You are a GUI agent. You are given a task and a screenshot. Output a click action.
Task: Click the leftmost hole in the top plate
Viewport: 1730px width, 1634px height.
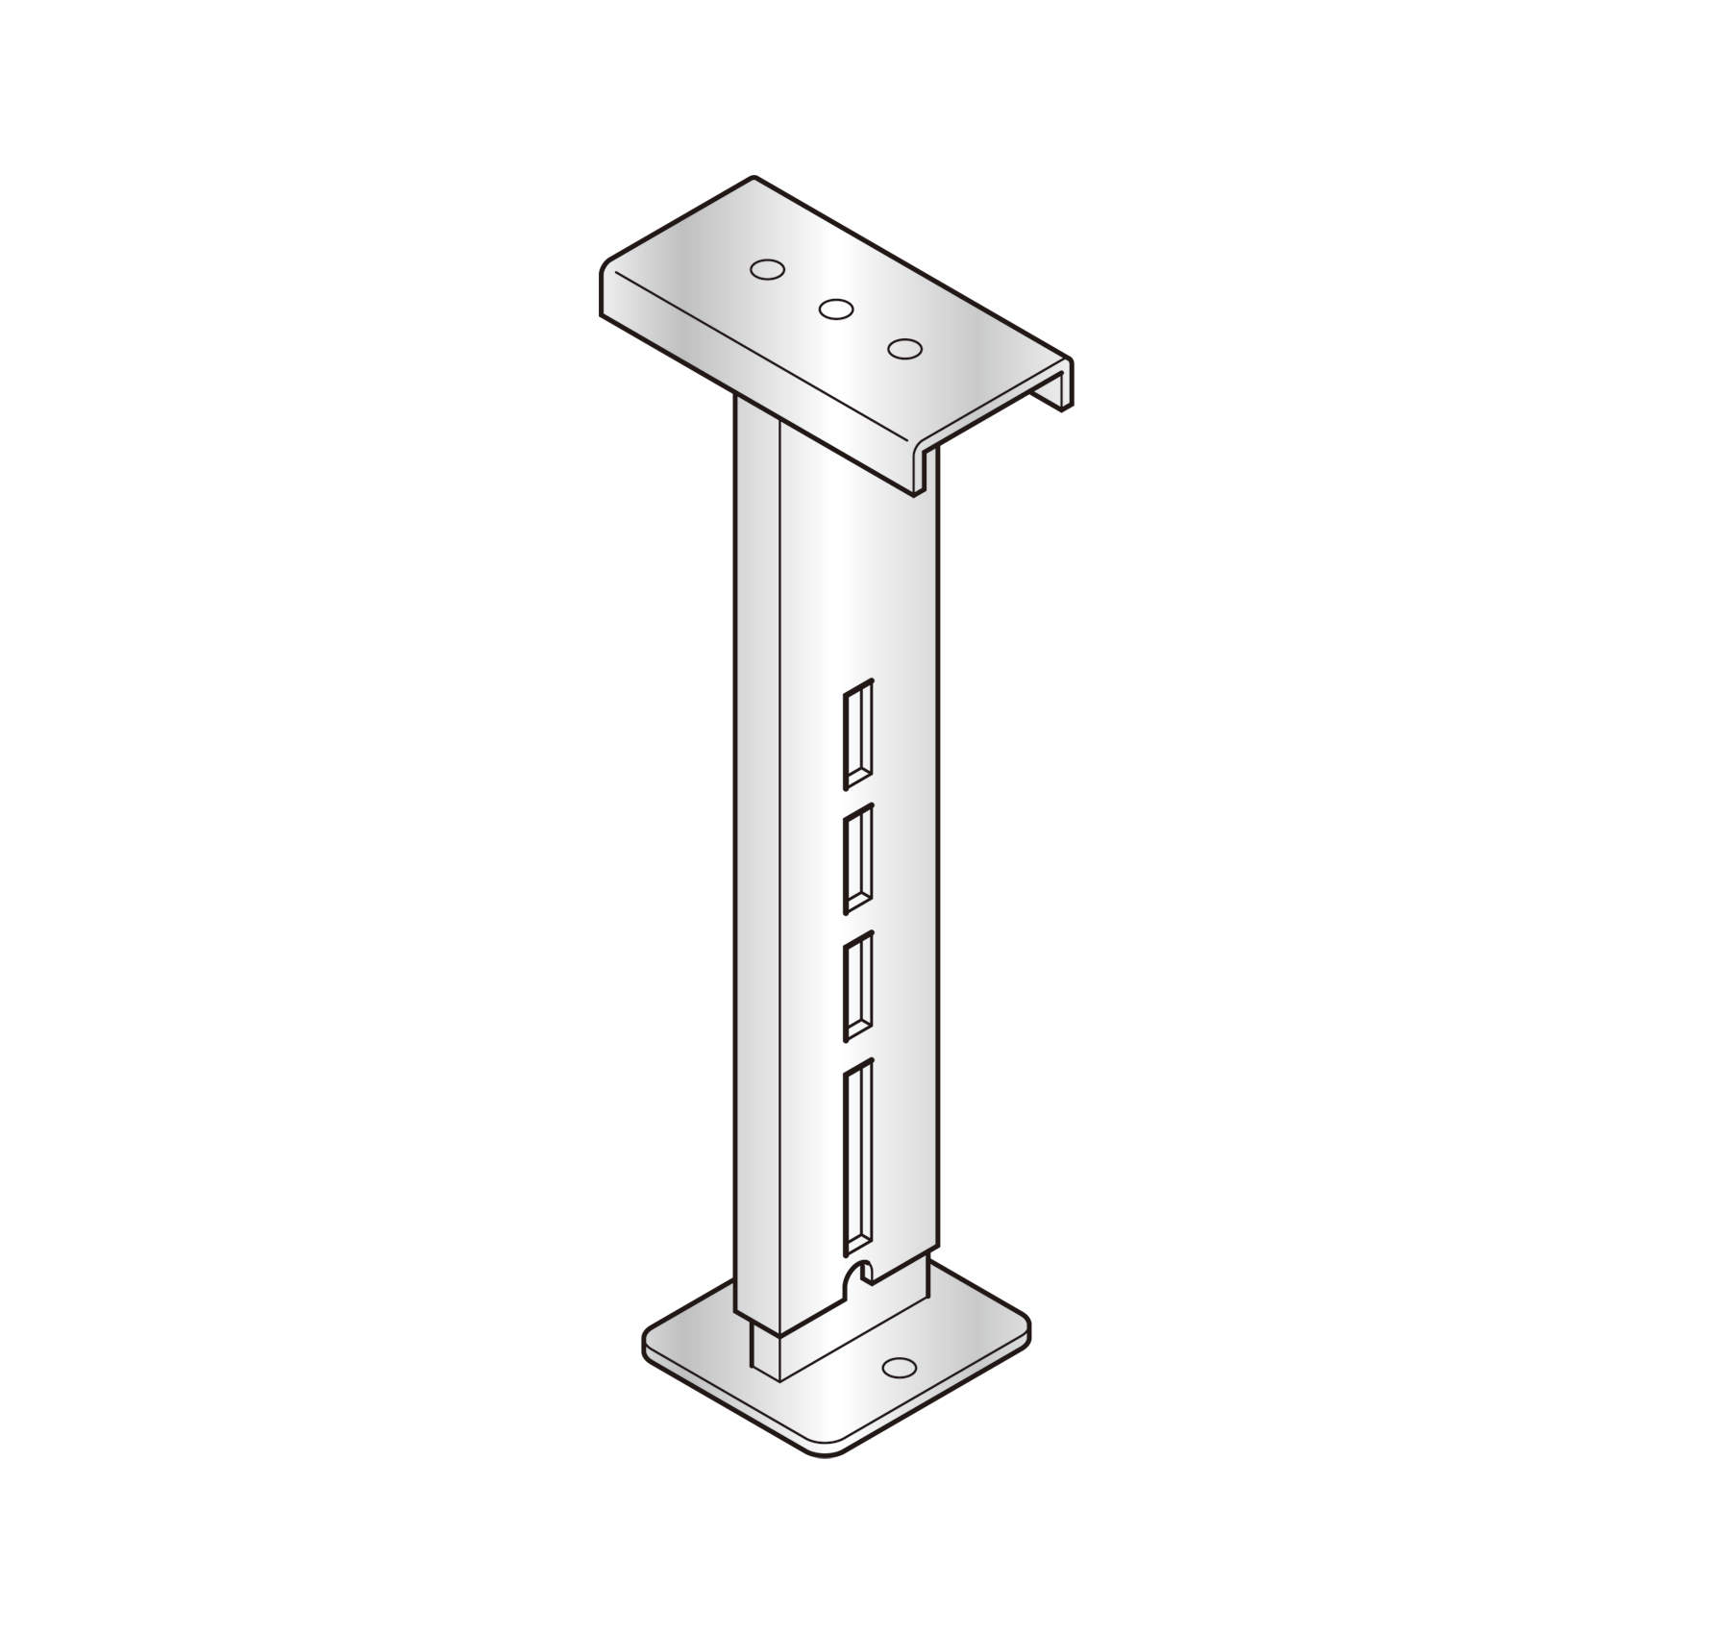(x=766, y=270)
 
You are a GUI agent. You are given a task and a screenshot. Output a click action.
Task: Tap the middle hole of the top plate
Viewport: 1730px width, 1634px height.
(x=835, y=309)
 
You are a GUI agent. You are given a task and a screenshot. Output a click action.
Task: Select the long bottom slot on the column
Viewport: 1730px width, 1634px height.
(x=858, y=1157)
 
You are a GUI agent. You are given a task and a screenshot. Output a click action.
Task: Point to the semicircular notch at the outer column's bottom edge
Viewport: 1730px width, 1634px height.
(x=855, y=1278)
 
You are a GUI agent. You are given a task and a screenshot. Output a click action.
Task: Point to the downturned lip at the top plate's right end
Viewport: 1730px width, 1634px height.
(x=1065, y=384)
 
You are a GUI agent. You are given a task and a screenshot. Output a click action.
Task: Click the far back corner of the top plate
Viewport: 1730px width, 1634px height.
(x=754, y=180)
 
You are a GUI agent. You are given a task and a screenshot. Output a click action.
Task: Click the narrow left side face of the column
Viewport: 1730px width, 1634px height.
(x=756, y=865)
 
